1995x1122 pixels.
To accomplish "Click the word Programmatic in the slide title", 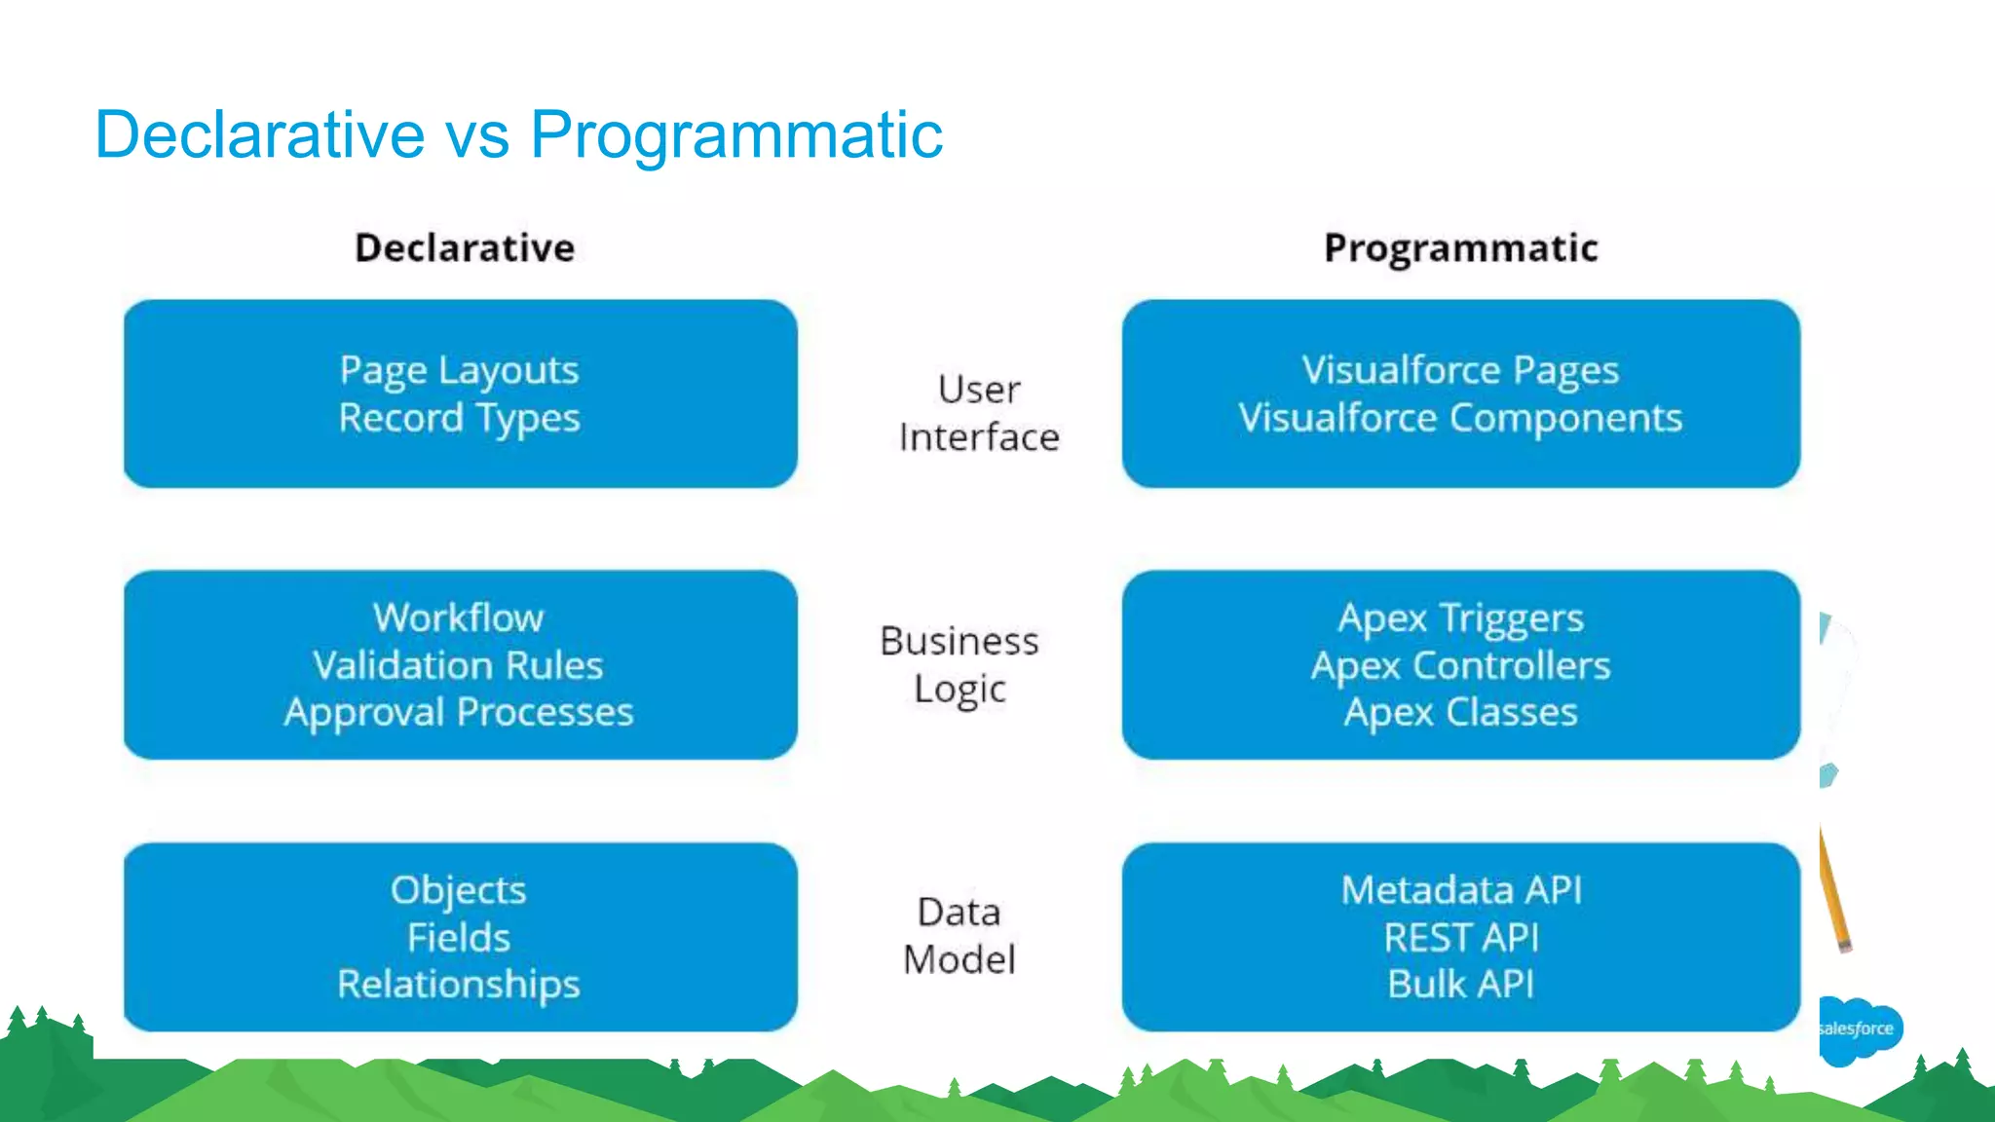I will [735, 135].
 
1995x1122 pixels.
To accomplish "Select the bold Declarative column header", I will [465, 248].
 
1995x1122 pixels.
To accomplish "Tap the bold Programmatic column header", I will [1460, 248].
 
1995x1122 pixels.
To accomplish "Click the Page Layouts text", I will [459, 371].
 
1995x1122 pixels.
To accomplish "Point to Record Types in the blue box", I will [459, 419].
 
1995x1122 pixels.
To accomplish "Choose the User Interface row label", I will [978, 413].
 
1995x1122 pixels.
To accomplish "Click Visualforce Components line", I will [1460, 419].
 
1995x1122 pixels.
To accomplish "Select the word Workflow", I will [459, 617].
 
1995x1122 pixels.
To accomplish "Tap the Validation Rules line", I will [459, 665].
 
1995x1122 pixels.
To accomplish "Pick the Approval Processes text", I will [459, 713].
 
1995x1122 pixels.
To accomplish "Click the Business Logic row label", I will [960, 664].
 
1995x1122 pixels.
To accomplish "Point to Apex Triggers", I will [1460, 617].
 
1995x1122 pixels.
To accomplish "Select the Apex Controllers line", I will [1460, 665].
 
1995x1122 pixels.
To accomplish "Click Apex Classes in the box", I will [1460, 713].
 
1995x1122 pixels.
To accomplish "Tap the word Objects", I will [459, 890].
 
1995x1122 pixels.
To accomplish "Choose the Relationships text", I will [459, 985].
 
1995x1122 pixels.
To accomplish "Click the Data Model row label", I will [960, 935].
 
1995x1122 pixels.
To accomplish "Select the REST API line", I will [1460, 938].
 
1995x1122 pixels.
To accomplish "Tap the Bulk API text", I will [1460, 985].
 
